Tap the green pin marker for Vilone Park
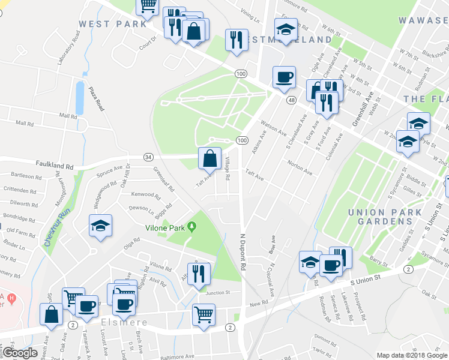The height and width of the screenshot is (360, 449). tap(191, 227)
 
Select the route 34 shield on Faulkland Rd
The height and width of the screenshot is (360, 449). tap(148, 157)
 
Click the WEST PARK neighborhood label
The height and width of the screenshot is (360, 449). tap(112, 24)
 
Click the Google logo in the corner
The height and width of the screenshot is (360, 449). tap(20, 353)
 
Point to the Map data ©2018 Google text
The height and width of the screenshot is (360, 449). tap(412, 355)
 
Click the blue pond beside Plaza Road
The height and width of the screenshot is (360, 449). tap(79, 97)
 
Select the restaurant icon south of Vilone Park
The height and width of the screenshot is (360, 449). tap(199, 274)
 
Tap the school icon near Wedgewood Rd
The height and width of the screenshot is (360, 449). tap(100, 226)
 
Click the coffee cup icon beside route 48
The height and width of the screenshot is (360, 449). tap(283, 77)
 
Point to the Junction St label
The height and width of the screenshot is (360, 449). tap(218, 293)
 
